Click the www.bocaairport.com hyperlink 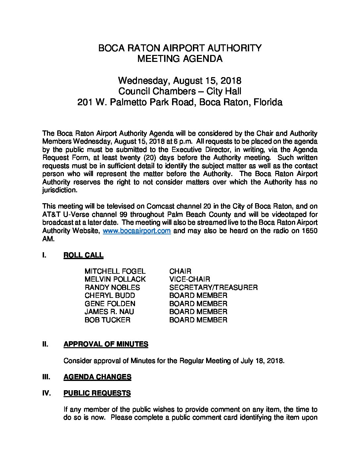click(137, 231)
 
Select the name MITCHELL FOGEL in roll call click(115, 271)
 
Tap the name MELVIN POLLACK click(115, 279)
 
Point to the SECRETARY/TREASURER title click(213, 288)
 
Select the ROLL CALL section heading click(83, 255)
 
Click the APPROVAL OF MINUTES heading click(106, 344)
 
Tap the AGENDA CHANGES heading click(97, 377)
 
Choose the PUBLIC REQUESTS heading click(97, 393)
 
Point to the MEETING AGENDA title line click(180, 59)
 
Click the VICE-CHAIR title click(189, 279)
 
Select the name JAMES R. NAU click(109, 312)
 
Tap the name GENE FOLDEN click(110, 304)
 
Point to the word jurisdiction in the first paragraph click(60, 190)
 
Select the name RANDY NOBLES click(112, 288)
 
